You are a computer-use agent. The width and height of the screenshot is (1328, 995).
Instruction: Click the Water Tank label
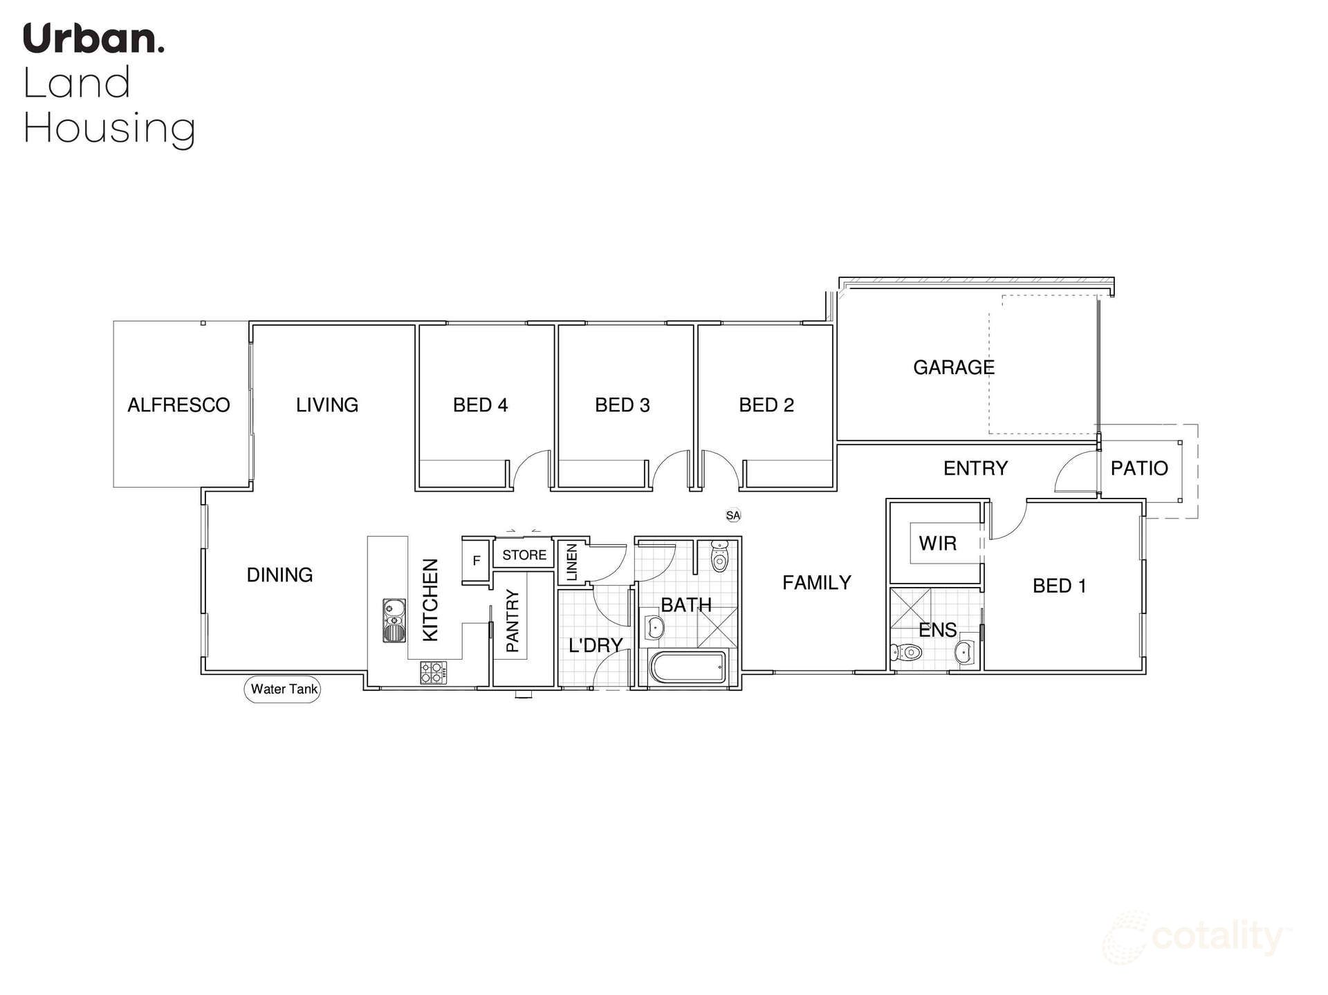[x=283, y=689]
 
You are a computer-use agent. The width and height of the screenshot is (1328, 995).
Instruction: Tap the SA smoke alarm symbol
[x=732, y=515]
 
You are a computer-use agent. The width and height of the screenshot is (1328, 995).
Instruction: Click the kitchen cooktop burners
[x=434, y=673]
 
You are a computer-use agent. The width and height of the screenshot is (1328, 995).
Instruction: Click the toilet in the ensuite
[x=907, y=651]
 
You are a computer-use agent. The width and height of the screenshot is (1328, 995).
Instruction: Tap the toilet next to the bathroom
[x=719, y=557]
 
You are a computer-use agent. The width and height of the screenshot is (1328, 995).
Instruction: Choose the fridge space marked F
[x=476, y=561]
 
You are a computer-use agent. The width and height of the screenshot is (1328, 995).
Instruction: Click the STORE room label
[x=524, y=555]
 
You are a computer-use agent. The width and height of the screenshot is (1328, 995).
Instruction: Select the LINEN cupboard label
[x=572, y=561]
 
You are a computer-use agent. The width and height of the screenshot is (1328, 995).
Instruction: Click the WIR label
[x=937, y=543]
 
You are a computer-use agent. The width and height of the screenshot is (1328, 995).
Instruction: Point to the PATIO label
[x=1138, y=468]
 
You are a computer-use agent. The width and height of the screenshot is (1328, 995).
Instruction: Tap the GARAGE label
[x=953, y=367]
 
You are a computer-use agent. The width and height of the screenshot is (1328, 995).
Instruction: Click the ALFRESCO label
[x=178, y=404]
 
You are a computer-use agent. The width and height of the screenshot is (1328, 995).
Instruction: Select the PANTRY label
[x=513, y=620]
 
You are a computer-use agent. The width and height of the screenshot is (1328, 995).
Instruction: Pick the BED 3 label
[x=622, y=405]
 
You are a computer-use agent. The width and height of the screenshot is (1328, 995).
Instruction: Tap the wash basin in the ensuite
[x=964, y=651]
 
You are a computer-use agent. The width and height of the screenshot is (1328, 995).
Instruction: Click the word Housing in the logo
[x=109, y=129]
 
